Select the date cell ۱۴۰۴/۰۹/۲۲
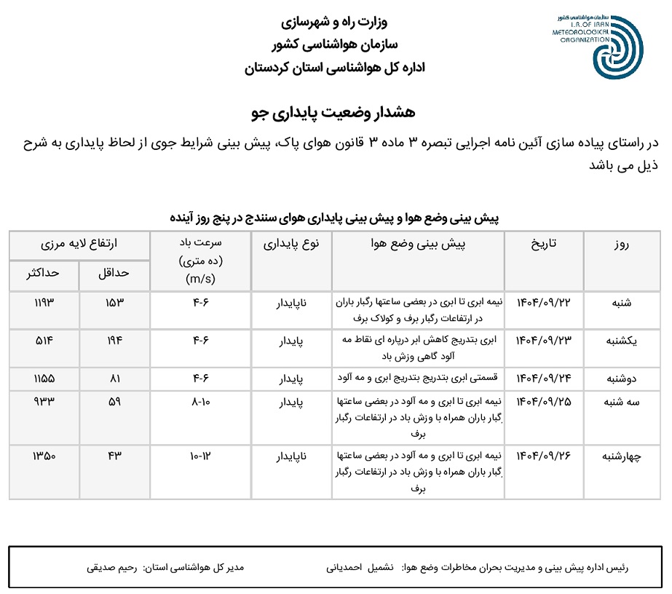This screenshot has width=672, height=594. tap(549, 301)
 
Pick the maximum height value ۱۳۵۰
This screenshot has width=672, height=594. tap(44, 456)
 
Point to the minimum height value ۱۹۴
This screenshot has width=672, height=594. tap(114, 340)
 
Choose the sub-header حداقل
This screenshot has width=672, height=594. tap(114, 274)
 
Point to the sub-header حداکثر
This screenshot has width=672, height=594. tap(44, 274)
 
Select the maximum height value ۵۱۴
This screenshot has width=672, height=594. tap(44, 340)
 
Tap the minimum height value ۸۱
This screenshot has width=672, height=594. tap(114, 379)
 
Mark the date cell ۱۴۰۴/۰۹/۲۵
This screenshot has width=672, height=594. tap(549, 400)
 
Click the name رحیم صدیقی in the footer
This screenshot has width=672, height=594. tap(111, 566)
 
